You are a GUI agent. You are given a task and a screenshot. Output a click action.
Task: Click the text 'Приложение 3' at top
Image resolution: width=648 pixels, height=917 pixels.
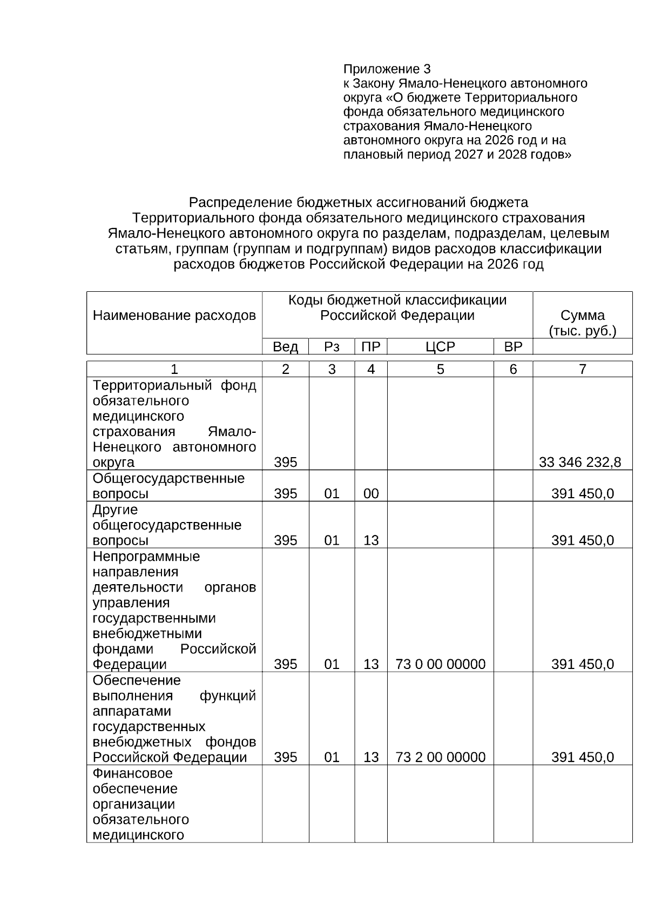[387, 69]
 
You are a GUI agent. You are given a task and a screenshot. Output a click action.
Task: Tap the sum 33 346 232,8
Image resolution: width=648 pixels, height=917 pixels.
[579, 462]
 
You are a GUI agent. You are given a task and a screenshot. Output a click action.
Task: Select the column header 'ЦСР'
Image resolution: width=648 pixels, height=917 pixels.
[440, 347]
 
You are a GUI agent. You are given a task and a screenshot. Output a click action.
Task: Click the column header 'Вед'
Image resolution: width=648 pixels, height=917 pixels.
[285, 347]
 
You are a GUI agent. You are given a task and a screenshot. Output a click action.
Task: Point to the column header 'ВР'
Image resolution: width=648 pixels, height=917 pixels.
[512, 347]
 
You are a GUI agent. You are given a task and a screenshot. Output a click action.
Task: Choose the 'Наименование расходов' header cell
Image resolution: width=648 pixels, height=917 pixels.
[174, 316]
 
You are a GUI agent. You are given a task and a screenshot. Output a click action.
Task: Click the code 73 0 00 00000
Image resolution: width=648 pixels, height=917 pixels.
[440, 664]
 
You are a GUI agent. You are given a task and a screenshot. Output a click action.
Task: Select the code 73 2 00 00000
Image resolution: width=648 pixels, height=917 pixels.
[440, 757]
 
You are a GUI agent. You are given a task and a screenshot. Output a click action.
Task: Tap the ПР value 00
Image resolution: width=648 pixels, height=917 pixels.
[370, 493]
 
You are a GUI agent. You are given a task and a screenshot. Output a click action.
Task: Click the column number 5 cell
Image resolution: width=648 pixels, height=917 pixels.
[440, 369]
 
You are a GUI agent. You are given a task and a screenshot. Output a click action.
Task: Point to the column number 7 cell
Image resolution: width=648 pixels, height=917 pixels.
[582, 369]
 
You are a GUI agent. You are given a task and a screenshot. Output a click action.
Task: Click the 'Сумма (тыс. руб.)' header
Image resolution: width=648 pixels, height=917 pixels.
[582, 323]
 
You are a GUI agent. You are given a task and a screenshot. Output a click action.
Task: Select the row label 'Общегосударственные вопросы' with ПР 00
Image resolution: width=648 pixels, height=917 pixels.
[168, 486]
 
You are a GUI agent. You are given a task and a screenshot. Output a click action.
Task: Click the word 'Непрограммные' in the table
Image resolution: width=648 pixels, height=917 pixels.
[146, 557]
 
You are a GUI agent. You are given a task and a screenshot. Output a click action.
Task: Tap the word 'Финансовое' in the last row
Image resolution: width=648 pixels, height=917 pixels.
[132, 773]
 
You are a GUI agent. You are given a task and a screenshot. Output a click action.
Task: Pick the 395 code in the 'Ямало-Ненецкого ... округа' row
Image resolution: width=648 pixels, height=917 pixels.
[285, 462]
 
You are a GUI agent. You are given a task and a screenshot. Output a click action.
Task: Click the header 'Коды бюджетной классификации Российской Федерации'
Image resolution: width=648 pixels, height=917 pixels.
[397, 307]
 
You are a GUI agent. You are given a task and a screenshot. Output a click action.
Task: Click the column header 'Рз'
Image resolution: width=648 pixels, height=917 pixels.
[331, 347]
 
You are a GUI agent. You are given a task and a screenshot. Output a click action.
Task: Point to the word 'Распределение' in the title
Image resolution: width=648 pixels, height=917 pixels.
[240, 203]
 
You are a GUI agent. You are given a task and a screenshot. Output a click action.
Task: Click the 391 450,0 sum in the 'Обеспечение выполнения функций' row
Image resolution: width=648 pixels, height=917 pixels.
[582, 757]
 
